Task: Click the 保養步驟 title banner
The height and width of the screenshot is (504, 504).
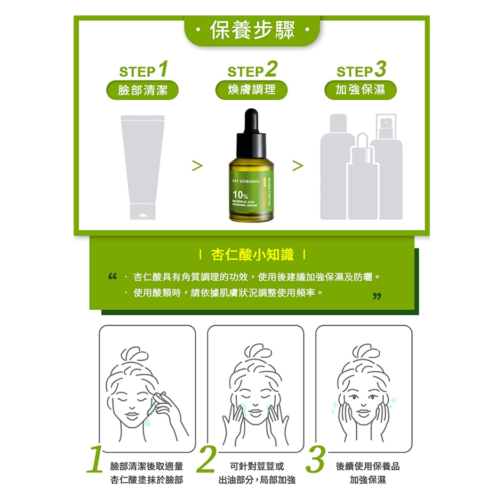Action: pyautogui.click(x=252, y=30)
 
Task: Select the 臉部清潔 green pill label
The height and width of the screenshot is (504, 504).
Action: pyautogui.click(x=142, y=90)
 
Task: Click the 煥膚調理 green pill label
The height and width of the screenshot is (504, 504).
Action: pyautogui.click(x=251, y=90)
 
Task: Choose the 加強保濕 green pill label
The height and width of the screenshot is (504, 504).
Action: pyautogui.click(x=361, y=90)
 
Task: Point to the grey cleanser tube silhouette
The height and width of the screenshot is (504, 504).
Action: pyautogui.click(x=143, y=167)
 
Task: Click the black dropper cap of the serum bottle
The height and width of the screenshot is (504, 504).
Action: pyautogui.click(x=251, y=132)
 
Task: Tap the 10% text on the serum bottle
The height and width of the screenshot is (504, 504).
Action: pyautogui.click(x=240, y=195)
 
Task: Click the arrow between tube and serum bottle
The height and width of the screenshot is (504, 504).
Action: pyautogui.click(x=197, y=165)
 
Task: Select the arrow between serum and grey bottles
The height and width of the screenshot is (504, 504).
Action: pyautogui.click(x=298, y=165)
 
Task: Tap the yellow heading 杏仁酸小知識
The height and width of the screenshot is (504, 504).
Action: pyautogui.click(x=252, y=255)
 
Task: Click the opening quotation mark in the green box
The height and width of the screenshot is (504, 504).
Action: pyautogui.click(x=113, y=276)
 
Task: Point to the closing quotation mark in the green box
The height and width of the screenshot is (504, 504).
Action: pyautogui.click(x=377, y=296)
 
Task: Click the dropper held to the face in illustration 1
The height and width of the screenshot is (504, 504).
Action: pyautogui.click(x=156, y=405)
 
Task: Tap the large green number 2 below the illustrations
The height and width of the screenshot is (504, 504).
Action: pyautogui.click(x=206, y=459)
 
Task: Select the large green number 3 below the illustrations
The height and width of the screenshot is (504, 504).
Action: pyautogui.click(x=315, y=459)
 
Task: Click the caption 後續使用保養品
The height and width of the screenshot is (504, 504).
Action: pyautogui.click(x=367, y=466)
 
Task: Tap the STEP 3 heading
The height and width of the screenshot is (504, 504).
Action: pyautogui.click(x=361, y=69)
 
